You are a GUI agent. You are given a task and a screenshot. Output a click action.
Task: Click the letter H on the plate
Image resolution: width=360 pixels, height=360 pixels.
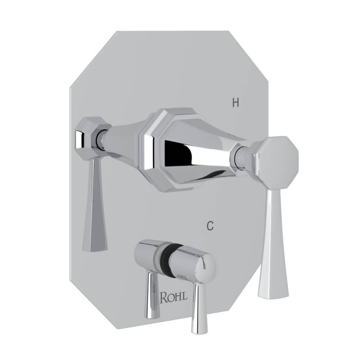235,103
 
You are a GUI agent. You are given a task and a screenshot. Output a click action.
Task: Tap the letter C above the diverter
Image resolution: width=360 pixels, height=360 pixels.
210,226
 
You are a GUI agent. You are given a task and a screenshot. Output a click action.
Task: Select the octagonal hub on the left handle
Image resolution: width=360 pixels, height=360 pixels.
86,138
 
